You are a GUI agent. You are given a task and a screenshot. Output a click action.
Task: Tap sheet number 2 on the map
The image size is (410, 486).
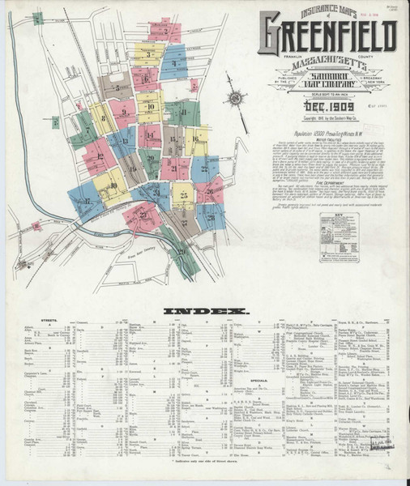[x=150, y=55]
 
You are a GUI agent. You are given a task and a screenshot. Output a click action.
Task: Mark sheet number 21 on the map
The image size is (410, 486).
[x=176, y=168]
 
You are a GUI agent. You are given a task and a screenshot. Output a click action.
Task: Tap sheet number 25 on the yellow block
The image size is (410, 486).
[x=182, y=195]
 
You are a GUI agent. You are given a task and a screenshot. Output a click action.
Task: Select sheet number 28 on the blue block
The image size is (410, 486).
[x=210, y=216]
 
